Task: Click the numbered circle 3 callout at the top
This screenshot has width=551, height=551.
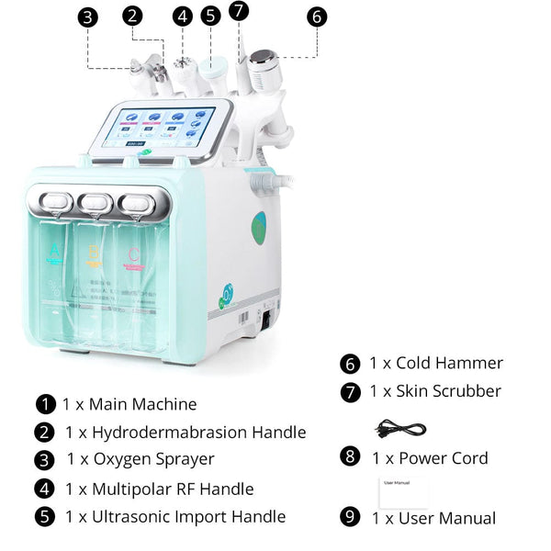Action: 87,17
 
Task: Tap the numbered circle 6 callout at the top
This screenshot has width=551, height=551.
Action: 317,17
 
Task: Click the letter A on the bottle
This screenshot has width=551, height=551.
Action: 58,251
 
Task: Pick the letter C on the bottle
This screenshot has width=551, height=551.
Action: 135,251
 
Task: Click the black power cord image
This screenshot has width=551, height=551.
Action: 400,428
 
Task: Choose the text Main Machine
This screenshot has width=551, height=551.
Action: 142,404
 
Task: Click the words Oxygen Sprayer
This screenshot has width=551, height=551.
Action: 153,459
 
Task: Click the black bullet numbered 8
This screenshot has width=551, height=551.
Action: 350,456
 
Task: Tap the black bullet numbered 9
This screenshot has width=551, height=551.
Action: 350,517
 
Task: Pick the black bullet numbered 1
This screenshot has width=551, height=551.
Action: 46,404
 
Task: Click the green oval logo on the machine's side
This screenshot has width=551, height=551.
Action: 259,227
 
